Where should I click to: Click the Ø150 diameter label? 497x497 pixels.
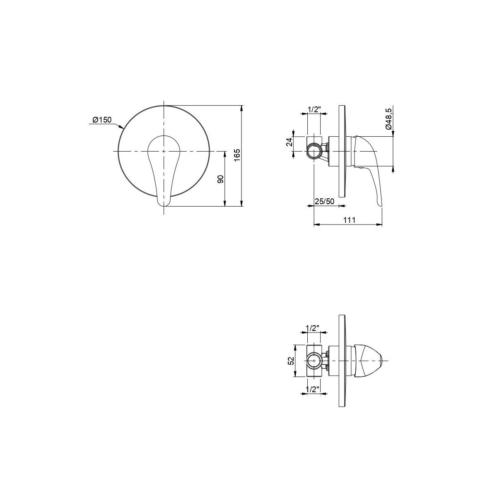[x=102, y=120]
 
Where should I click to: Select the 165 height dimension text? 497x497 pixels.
[x=238, y=155]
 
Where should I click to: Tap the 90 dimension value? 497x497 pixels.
[x=220, y=179]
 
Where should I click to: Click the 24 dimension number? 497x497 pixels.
[x=290, y=142]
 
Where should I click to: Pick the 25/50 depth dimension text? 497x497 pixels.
[x=324, y=201]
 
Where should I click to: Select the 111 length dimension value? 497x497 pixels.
[x=349, y=220]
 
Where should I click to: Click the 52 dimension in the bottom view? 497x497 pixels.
[x=291, y=361]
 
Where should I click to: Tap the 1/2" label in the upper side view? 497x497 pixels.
[x=314, y=110]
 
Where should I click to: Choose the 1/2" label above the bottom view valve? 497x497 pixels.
[x=313, y=328]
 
